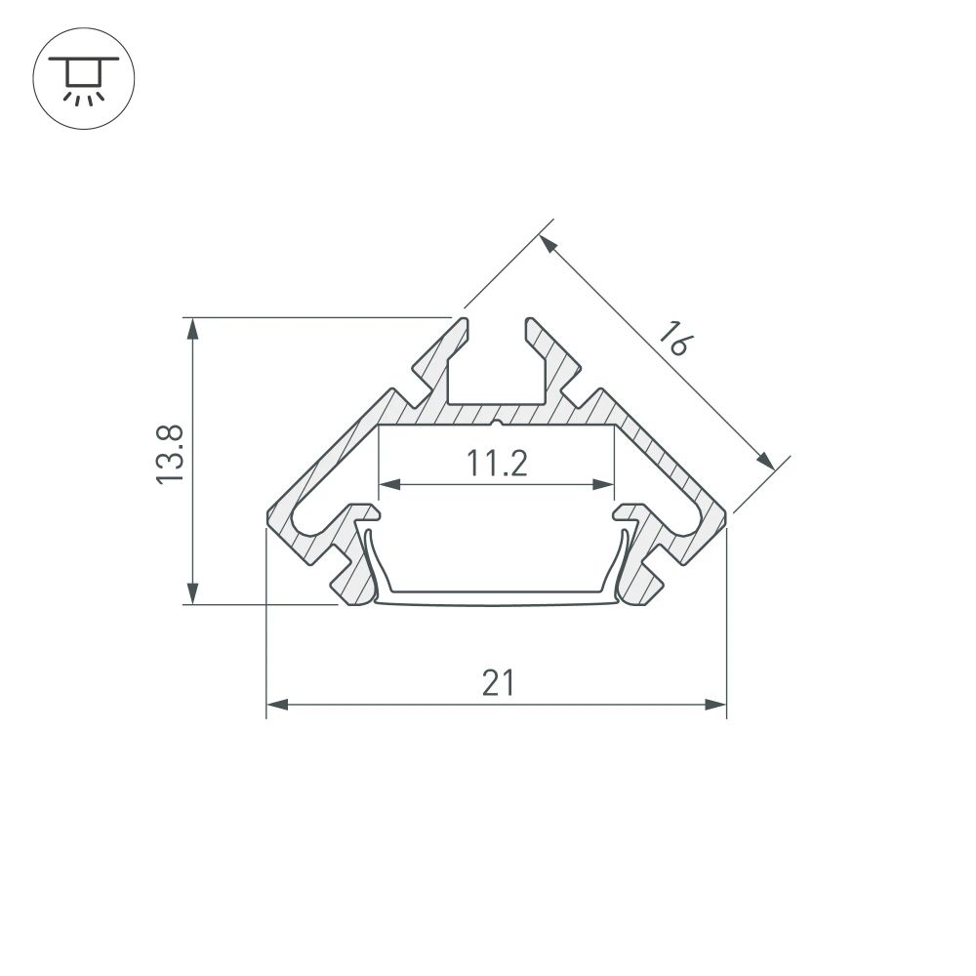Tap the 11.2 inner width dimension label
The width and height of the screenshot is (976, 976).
[496, 464]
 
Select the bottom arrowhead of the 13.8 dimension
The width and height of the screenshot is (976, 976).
[193, 593]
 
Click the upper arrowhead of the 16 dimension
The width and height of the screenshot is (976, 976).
[550, 244]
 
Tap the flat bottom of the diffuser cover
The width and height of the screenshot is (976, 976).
[496, 596]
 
